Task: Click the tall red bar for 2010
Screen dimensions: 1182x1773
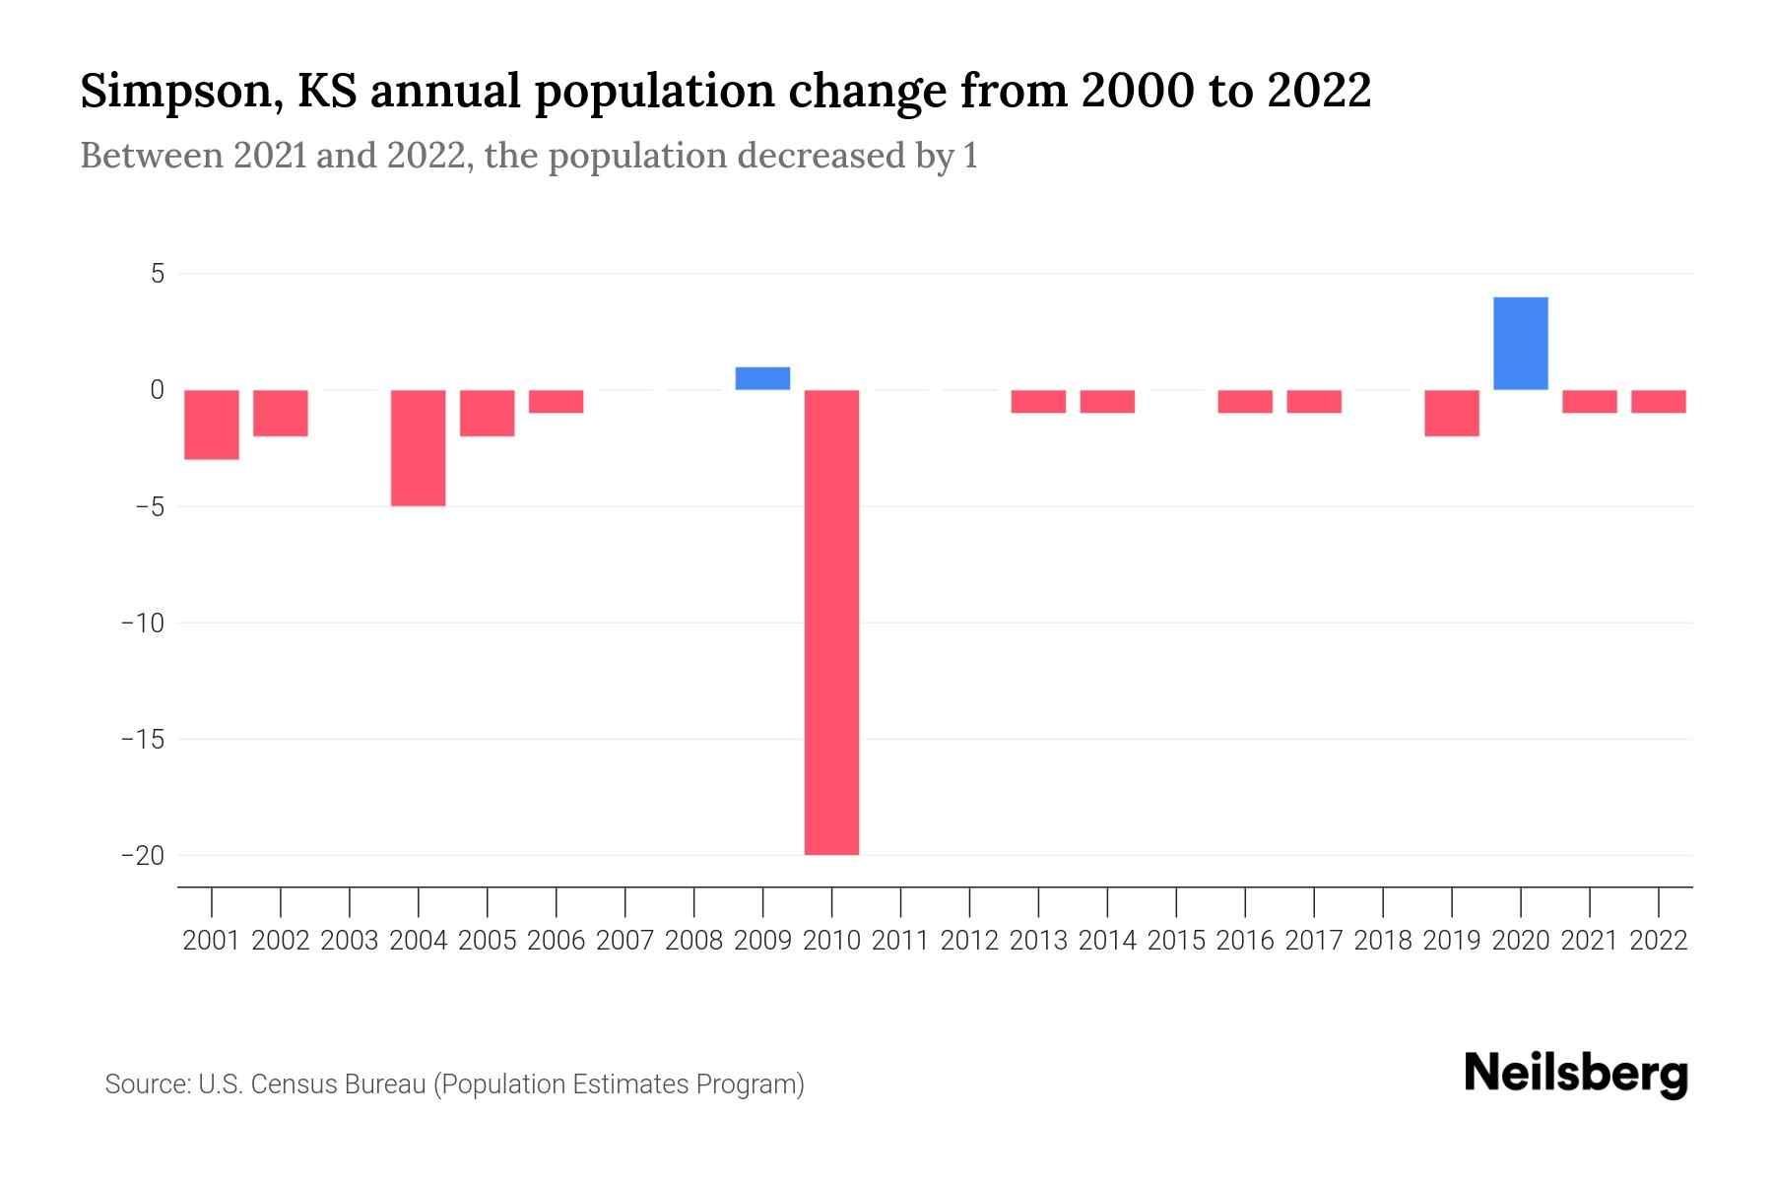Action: [x=831, y=623]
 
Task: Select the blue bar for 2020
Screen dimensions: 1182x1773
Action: [x=1520, y=344]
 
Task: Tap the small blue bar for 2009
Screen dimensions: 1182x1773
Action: [x=762, y=378]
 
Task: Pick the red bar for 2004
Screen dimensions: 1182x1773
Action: [x=419, y=448]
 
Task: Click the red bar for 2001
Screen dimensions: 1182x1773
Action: [x=212, y=425]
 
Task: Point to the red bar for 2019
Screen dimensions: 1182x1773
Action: [x=1451, y=413]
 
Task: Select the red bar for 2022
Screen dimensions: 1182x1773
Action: [x=1658, y=401]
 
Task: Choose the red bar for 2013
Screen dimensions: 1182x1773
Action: [x=1038, y=401]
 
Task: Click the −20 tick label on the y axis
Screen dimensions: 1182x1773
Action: [x=143, y=855]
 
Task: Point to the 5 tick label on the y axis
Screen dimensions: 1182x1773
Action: [x=158, y=274]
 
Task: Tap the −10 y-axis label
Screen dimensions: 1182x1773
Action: [x=143, y=623]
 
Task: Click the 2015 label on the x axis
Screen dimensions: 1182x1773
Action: [x=1176, y=941]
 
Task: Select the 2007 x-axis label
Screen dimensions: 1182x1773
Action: [x=624, y=941]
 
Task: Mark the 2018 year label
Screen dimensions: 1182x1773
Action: [x=1383, y=941]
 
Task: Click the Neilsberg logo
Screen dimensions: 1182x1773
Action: [x=1576, y=1074]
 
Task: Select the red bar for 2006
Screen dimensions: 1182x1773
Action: [x=556, y=401]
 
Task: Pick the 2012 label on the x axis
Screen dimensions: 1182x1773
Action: [x=969, y=941]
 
